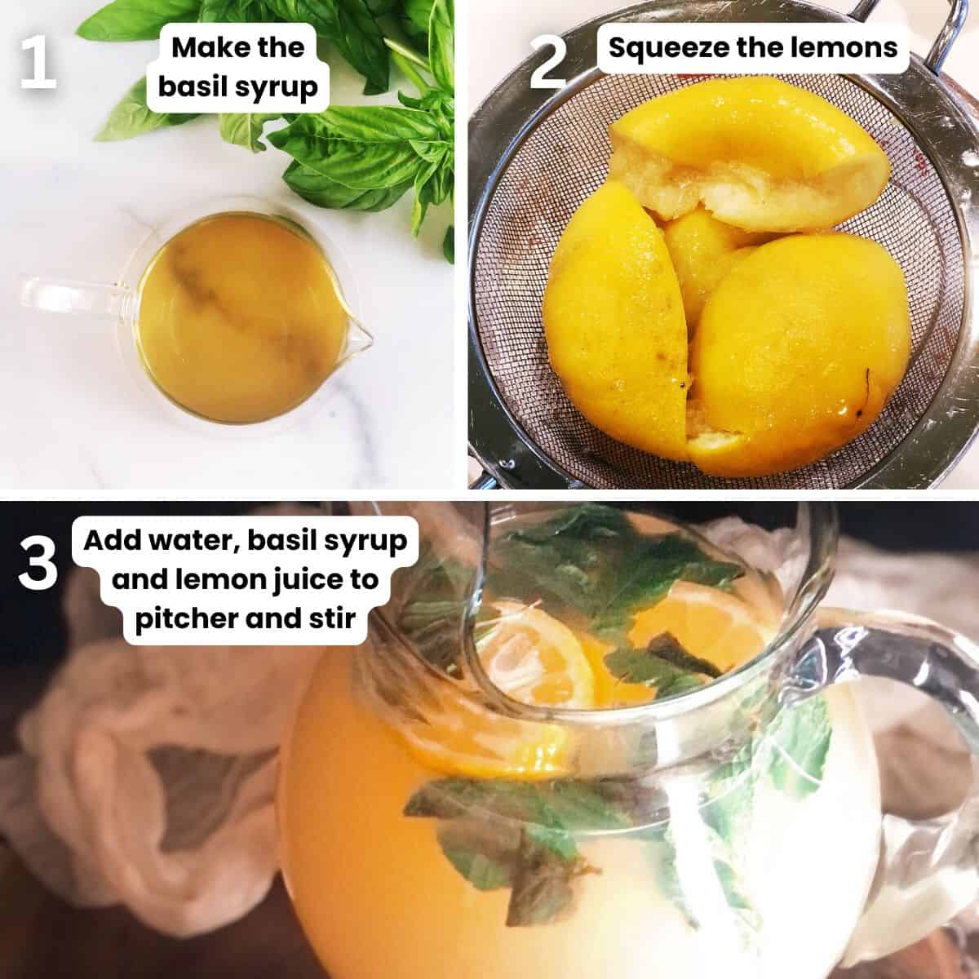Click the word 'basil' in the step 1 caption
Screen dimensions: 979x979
[x=189, y=87]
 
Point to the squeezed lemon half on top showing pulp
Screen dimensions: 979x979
[x=751, y=171]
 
